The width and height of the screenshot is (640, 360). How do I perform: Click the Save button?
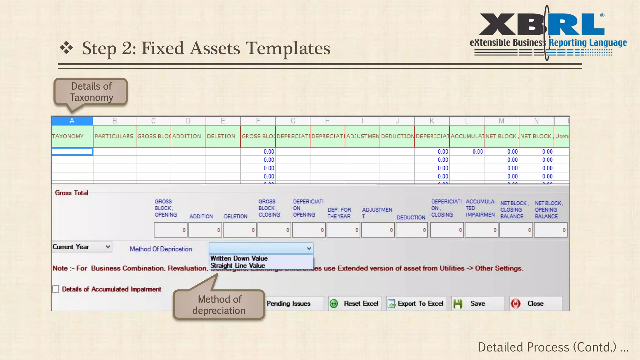pyautogui.click(x=477, y=303)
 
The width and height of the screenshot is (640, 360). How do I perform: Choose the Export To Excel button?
pyautogui.click(x=416, y=303)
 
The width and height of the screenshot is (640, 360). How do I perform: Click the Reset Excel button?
pyautogui.click(x=355, y=303)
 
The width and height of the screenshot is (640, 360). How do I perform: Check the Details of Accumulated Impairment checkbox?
pyautogui.click(x=56, y=289)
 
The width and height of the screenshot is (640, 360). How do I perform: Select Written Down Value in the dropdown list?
pyautogui.click(x=239, y=258)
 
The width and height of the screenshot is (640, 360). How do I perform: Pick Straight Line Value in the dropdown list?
pyautogui.click(x=238, y=266)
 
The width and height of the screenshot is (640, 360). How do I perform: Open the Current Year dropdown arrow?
pyautogui.click(x=107, y=247)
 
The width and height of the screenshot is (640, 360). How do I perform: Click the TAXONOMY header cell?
pyautogui.click(x=72, y=136)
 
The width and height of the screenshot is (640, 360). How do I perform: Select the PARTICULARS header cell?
pyautogui.click(x=114, y=136)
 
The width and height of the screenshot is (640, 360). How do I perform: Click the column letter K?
pyautogui.click(x=432, y=121)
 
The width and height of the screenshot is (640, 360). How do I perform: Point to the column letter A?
pyautogui.click(x=72, y=121)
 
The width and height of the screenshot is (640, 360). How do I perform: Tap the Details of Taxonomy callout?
pyautogui.click(x=91, y=92)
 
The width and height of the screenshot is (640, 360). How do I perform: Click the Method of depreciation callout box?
pyautogui.click(x=219, y=305)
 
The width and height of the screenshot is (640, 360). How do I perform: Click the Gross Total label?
pyautogui.click(x=72, y=193)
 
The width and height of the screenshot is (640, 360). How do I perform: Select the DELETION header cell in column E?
pyautogui.click(x=223, y=136)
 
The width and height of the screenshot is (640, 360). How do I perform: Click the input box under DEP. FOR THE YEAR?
pyautogui.click(x=343, y=230)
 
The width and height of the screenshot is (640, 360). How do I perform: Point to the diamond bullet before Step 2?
pyautogui.click(x=67, y=48)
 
